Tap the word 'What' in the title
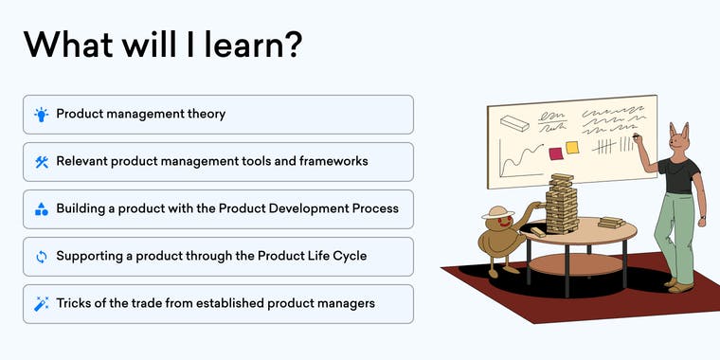point(66,45)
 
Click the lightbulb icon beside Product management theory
point(41,115)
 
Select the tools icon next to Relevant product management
point(41,162)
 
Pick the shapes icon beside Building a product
point(41,209)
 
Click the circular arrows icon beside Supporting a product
point(41,257)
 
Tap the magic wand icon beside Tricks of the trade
point(41,304)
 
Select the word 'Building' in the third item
point(81,209)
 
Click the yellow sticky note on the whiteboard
point(572,148)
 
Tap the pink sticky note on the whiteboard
point(555,153)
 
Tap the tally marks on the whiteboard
point(606,147)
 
